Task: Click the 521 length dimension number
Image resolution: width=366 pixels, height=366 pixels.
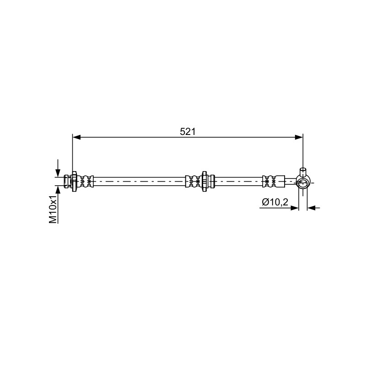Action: (x=188, y=132)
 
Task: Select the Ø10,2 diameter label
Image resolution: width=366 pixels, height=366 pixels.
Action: (x=275, y=201)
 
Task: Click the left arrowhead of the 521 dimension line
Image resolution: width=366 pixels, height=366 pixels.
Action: (x=76, y=137)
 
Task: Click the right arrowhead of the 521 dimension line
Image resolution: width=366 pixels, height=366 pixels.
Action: (x=299, y=137)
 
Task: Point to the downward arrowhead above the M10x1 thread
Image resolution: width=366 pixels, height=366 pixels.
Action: (x=58, y=173)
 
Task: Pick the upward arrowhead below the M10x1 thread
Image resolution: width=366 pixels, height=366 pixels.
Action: (x=58, y=190)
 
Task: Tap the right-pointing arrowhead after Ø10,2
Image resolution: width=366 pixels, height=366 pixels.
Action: (x=295, y=207)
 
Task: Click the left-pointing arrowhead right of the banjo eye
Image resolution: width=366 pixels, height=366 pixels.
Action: (x=311, y=207)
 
